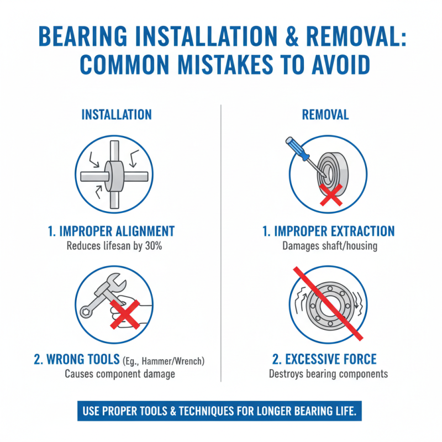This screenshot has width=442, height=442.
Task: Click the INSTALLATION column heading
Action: (x=116, y=114)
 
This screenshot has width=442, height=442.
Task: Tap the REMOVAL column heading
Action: (x=325, y=114)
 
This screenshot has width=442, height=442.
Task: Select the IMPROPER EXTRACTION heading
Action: (x=328, y=231)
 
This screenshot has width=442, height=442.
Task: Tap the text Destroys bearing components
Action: (x=328, y=374)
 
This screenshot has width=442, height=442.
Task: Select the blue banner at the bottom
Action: (x=221, y=412)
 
